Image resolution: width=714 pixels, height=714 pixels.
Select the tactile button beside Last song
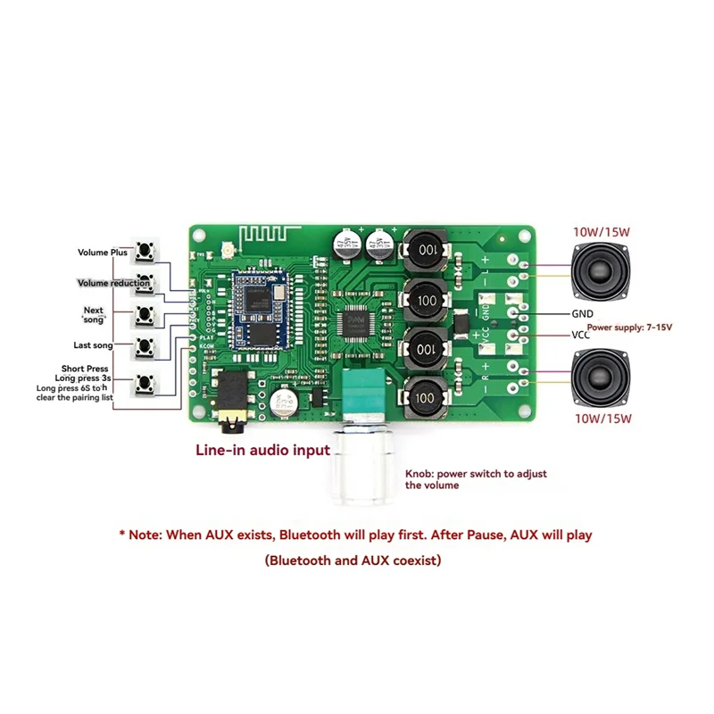coord(145,345)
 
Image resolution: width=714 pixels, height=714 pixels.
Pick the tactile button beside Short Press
coord(145,385)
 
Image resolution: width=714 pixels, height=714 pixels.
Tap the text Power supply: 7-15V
coord(629,328)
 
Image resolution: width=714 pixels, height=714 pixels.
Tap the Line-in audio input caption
coord(263,451)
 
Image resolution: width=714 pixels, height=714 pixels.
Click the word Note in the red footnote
coord(147,535)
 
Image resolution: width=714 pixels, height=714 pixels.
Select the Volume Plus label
coord(103,253)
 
